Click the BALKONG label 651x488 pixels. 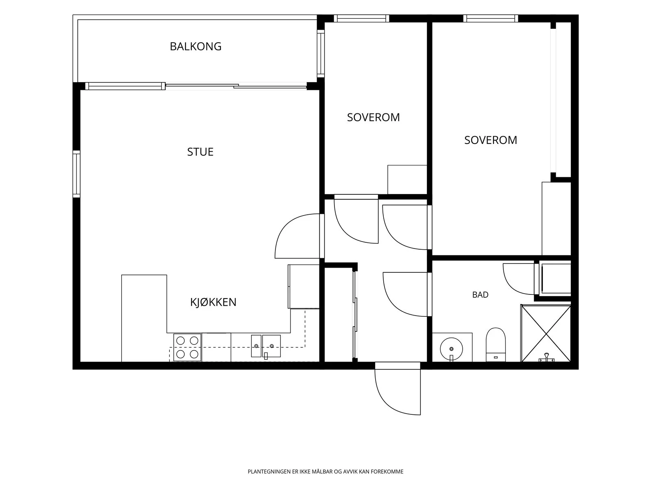[x=195, y=46]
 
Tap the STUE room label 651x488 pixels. [x=200, y=152]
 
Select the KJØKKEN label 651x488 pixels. [x=213, y=302]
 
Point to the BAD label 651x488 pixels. [x=480, y=295]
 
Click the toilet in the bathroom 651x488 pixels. [x=496, y=344]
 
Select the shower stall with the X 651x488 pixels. [x=546, y=333]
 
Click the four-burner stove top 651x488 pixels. [x=187, y=347]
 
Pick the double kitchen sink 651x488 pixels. [x=266, y=346]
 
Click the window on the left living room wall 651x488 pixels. [x=76, y=174]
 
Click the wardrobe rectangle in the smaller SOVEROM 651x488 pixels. [x=407, y=180]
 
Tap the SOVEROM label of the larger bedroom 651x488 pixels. [x=491, y=140]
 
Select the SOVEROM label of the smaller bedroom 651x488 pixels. [x=374, y=118]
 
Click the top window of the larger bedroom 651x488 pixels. [x=491, y=18]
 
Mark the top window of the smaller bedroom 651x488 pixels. [x=362, y=18]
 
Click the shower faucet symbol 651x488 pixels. [x=546, y=358]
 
